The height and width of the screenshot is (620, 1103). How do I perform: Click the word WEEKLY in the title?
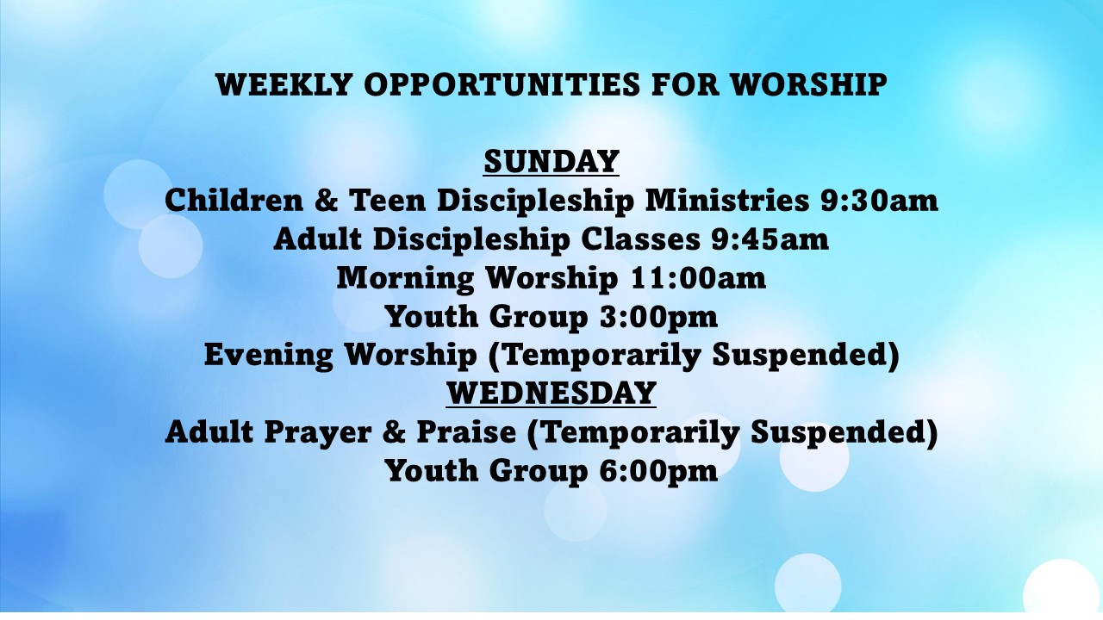(x=284, y=84)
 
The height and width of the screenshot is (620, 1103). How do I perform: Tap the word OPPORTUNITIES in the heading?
(x=502, y=84)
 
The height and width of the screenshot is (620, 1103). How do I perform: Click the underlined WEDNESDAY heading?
(x=551, y=393)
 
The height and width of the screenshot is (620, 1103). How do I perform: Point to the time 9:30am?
(x=879, y=201)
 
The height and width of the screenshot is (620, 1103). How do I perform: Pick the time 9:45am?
(x=770, y=239)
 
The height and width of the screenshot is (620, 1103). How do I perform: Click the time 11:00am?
(x=698, y=278)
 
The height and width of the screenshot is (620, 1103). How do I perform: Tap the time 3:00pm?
(x=659, y=316)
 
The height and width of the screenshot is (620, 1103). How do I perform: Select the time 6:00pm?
(x=659, y=471)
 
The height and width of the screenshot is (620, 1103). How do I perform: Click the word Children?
(x=234, y=201)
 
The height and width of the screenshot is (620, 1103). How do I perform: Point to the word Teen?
(x=388, y=201)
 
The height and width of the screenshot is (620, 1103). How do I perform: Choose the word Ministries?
(x=727, y=201)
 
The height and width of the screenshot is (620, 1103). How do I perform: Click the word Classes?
(x=640, y=239)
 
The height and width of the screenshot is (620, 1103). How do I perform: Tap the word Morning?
(x=405, y=279)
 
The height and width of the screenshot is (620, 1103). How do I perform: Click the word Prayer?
(x=318, y=433)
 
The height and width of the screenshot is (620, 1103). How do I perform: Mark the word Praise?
(x=467, y=432)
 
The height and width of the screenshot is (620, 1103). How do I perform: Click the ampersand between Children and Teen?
(x=326, y=201)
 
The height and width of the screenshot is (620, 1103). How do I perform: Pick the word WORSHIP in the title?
(x=809, y=84)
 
